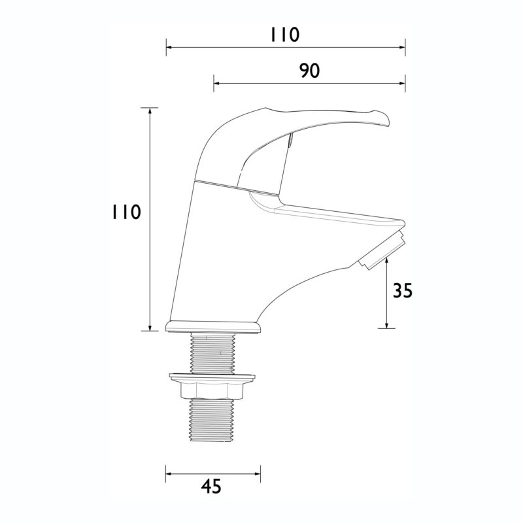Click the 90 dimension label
pos(309,71)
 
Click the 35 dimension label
pos(403,290)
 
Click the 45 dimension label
pos(211,486)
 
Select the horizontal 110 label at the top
pos(284,35)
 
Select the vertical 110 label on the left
pos(126,212)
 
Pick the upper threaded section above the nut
pos(212,353)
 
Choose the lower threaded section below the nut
pos(212,421)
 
